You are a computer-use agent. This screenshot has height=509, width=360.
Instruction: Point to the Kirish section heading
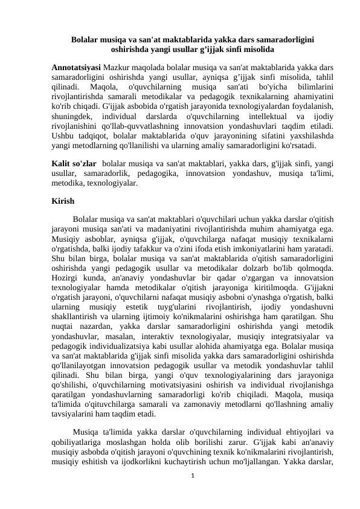click(x=63, y=201)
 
